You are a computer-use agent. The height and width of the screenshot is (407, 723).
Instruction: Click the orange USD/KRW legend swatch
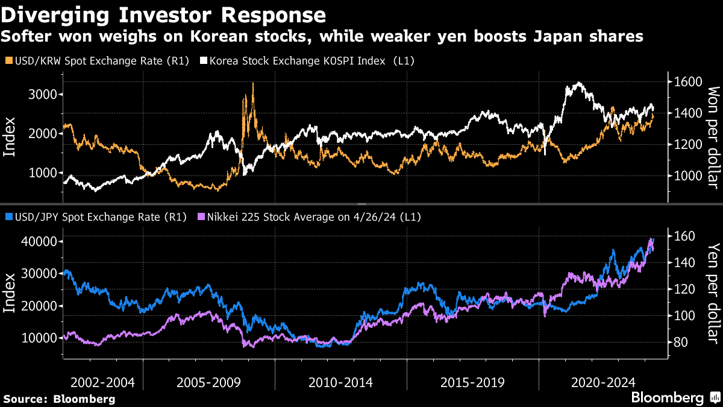click(7, 61)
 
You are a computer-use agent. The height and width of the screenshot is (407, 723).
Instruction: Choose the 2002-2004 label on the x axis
click(102, 382)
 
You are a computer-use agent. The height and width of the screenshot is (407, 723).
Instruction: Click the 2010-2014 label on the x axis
click(340, 382)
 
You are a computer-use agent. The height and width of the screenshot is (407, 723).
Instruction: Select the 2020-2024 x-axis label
click(603, 382)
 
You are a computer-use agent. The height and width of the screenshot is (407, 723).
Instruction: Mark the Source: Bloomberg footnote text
click(59, 399)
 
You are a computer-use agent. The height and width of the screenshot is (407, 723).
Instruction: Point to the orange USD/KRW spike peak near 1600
click(253, 84)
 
